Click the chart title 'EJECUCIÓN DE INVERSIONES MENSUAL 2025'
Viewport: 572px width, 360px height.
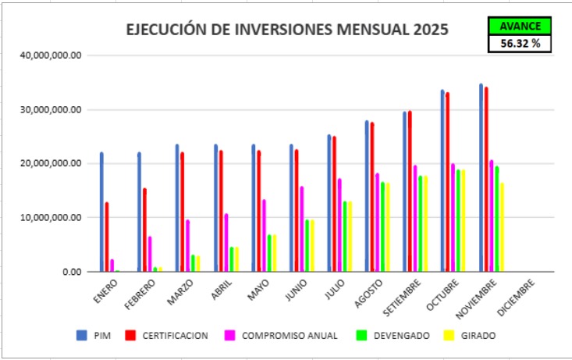(x=287, y=30)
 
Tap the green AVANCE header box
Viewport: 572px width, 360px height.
(x=520, y=26)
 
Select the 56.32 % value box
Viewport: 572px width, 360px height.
(x=520, y=44)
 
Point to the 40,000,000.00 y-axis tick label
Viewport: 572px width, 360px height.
(x=52, y=55)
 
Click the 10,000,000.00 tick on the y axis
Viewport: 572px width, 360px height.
(x=52, y=218)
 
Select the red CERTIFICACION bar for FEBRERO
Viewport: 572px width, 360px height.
(x=145, y=230)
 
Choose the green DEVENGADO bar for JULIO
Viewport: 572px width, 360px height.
(x=345, y=237)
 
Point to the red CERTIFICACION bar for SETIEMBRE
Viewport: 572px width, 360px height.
(x=410, y=191)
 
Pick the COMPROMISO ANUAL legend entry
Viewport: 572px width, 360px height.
(x=282, y=336)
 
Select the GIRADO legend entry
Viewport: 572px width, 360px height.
(x=469, y=336)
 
